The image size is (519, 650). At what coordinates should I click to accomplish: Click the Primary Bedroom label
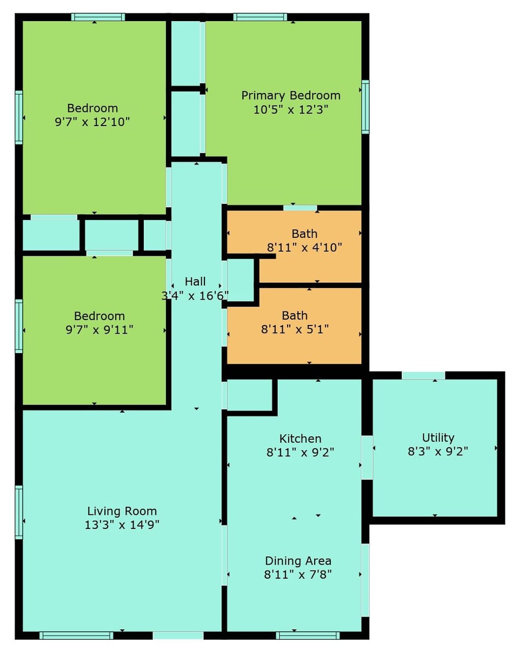click(291, 96)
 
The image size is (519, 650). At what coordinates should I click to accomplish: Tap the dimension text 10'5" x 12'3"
click(291, 109)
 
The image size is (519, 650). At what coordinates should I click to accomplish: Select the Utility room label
click(438, 437)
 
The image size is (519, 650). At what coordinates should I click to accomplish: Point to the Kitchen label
click(300, 439)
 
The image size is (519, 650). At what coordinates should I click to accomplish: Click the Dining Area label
click(298, 561)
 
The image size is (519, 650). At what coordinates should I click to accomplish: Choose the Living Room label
click(122, 511)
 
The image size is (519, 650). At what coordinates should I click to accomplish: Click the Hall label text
click(195, 281)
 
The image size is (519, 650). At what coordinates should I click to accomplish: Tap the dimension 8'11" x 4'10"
click(305, 248)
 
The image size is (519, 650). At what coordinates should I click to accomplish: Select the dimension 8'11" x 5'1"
click(295, 329)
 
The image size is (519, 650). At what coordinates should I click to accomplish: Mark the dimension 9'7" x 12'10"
click(92, 122)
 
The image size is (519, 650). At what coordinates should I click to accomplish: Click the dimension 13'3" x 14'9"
click(122, 525)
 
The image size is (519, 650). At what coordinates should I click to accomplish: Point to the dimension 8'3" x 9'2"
click(438, 451)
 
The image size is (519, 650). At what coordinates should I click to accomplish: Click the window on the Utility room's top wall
click(423, 375)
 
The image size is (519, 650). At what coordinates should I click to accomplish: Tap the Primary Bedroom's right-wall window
click(365, 107)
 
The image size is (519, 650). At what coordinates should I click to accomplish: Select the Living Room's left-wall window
click(19, 512)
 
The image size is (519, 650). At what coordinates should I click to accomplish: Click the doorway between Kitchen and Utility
click(367, 457)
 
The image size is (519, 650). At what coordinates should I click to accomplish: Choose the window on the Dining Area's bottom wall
click(308, 635)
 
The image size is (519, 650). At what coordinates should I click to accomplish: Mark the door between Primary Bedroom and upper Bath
click(300, 208)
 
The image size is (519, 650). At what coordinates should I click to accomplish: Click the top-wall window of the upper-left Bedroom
click(98, 17)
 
